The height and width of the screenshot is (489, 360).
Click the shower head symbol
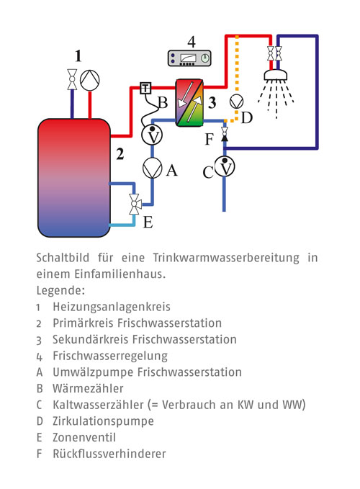point(276,75)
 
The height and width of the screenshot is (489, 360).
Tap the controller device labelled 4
point(189,58)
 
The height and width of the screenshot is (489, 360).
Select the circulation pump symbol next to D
point(236,102)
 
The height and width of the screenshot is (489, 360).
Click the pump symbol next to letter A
point(153,168)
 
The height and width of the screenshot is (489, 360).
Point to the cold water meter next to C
point(225,167)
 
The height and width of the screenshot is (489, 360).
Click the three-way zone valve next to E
point(135,204)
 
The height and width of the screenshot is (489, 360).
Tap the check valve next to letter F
point(224,134)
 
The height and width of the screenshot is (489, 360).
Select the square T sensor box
point(145,88)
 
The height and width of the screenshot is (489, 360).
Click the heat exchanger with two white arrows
point(189,102)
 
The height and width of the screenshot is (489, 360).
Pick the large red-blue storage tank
point(74,177)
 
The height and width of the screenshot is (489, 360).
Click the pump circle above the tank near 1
point(90,80)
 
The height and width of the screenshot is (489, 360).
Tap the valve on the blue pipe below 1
point(72,79)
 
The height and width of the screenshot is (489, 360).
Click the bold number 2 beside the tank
point(120,154)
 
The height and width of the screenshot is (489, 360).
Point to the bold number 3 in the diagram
point(212,102)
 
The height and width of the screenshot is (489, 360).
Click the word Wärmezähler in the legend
point(89,388)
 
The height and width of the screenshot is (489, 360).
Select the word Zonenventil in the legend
point(84,437)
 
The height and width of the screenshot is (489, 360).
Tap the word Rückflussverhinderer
point(109,454)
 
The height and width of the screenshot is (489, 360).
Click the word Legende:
point(60,291)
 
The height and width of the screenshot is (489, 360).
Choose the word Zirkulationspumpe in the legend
point(103,421)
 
